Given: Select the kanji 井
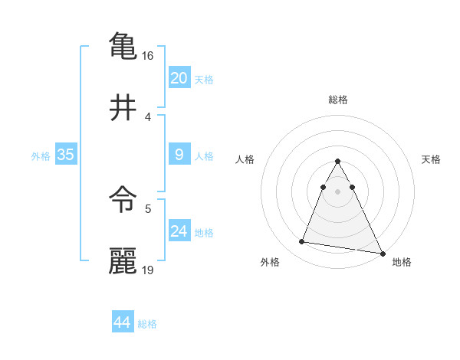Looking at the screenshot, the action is click(x=123, y=107).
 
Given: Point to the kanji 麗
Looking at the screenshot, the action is click(x=123, y=260).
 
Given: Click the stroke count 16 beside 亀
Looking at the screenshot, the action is click(x=148, y=56).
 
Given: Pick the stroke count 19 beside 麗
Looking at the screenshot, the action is click(x=148, y=270).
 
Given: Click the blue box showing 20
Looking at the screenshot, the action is click(x=179, y=77).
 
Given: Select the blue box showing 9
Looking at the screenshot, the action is click(x=179, y=155).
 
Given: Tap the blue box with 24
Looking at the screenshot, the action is click(x=179, y=231).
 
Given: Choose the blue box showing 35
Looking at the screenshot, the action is click(x=66, y=155).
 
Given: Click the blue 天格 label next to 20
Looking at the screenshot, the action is click(x=204, y=79).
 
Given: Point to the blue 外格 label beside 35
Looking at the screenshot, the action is click(x=41, y=155).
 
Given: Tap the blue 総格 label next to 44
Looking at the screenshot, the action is click(x=147, y=324).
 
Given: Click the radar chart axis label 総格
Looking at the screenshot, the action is click(x=338, y=100).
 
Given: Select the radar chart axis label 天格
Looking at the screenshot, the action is click(x=432, y=159).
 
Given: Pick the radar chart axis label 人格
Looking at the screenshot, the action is click(x=245, y=159).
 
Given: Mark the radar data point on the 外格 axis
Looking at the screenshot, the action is click(x=302, y=242).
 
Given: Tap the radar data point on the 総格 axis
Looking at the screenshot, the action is click(x=338, y=161).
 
